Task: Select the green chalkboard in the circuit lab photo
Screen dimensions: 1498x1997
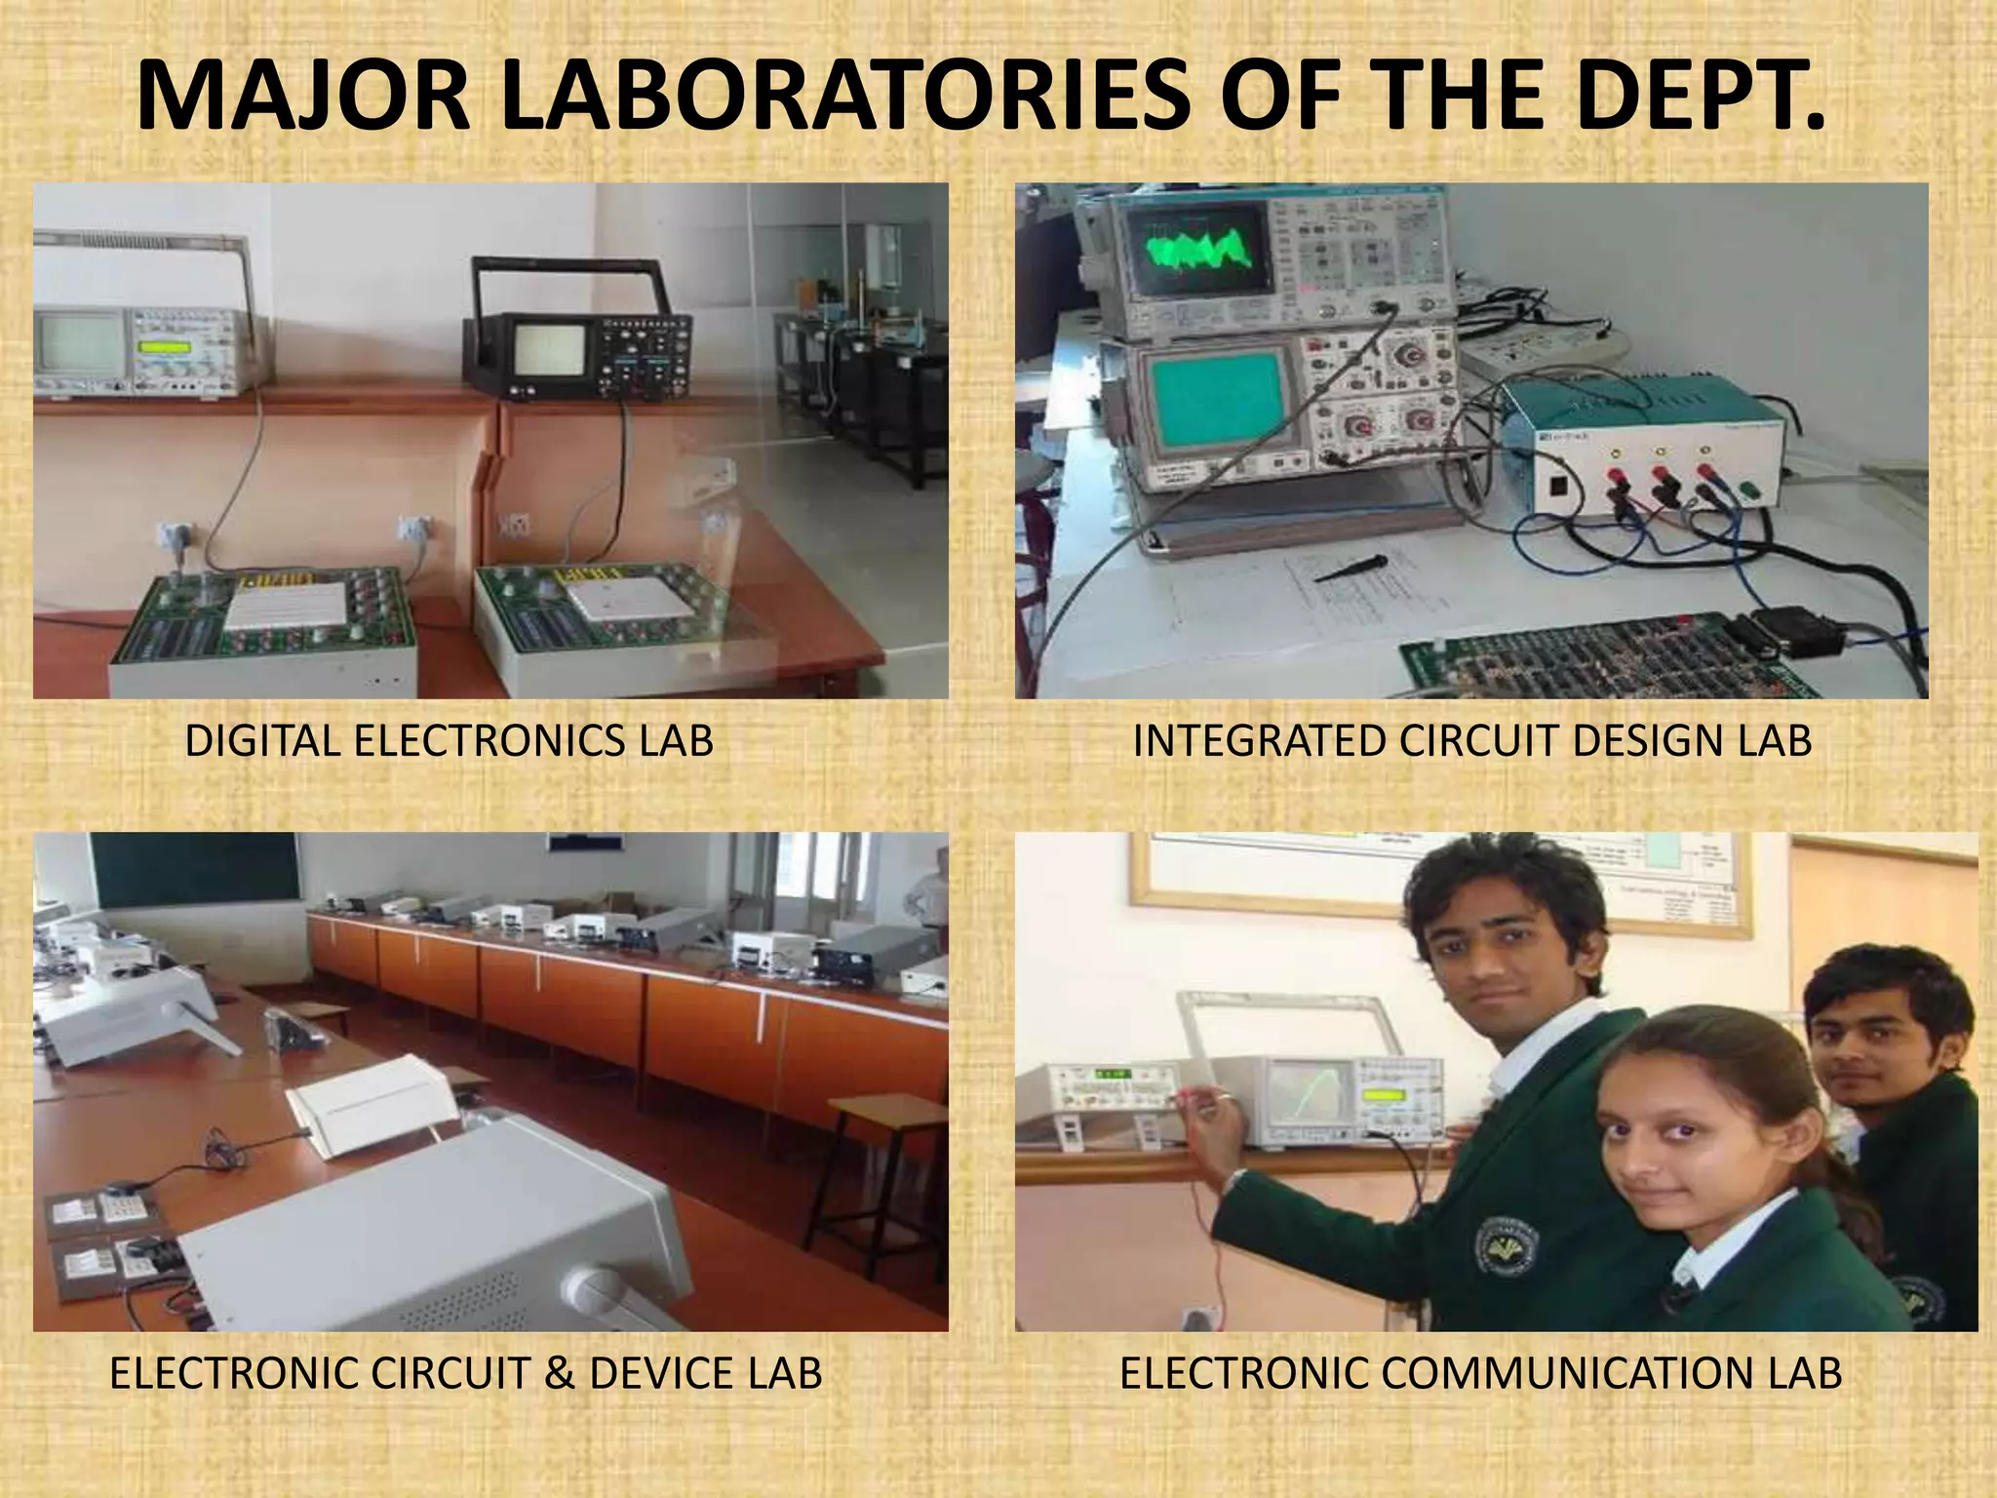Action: tap(195, 867)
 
